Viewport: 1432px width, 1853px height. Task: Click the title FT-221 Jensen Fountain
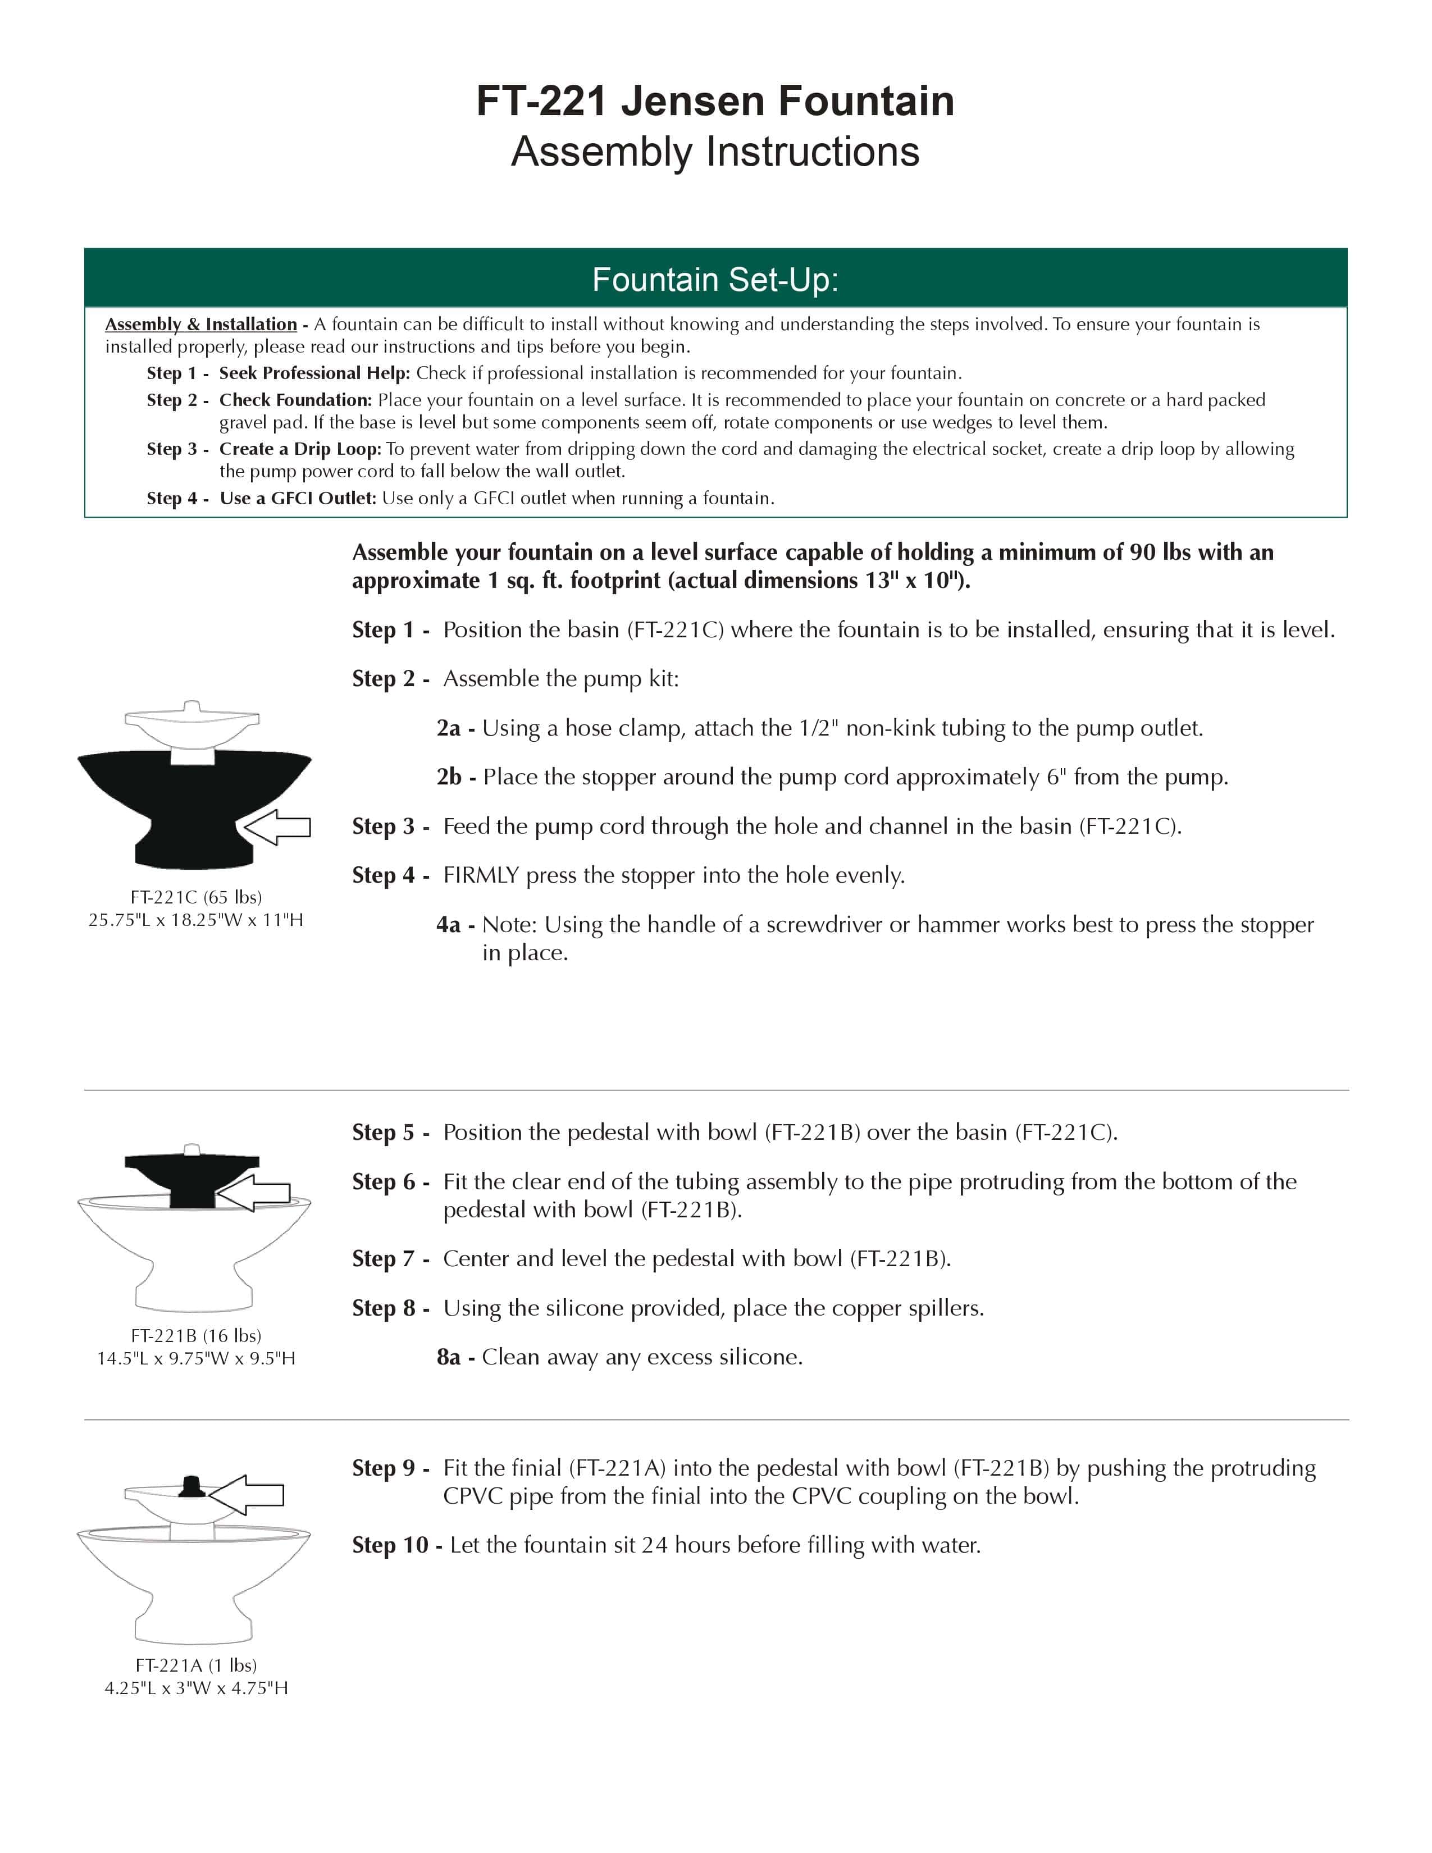tap(715, 101)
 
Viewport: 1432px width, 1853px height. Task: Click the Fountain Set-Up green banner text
tap(715, 280)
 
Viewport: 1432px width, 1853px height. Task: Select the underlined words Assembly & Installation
tap(201, 324)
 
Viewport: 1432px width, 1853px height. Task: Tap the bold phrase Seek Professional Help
tap(314, 373)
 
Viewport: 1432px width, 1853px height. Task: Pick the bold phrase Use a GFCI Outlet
tap(297, 498)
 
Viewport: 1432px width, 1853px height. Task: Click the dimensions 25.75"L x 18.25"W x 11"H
tap(196, 920)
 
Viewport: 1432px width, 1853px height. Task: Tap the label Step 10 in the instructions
tap(390, 1545)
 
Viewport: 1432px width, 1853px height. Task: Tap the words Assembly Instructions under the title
tap(715, 152)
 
